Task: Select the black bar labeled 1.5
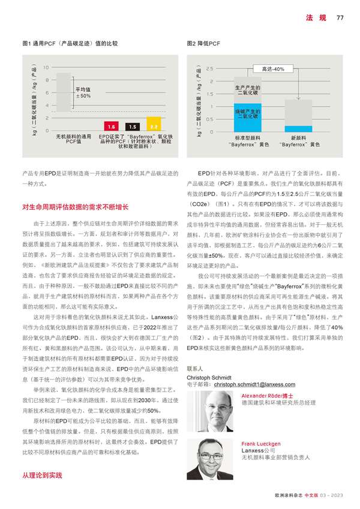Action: point(133,127)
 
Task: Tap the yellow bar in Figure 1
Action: point(153,126)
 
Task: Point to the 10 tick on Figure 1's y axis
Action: point(47,67)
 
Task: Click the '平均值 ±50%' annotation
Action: point(83,92)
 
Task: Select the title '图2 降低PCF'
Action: point(203,44)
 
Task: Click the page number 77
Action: point(340,17)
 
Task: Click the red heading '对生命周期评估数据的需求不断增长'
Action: point(76,207)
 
